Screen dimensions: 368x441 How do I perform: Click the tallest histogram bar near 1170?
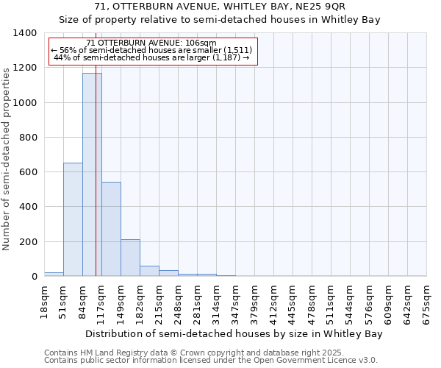(92, 174)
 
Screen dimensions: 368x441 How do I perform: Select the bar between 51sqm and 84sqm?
(73, 219)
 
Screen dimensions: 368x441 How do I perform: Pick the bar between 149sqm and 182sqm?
(130, 258)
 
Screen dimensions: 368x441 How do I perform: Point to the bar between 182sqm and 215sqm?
(149, 271)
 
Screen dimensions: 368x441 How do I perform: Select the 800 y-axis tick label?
(27, 138)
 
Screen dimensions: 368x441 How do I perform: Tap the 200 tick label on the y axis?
(27, 242)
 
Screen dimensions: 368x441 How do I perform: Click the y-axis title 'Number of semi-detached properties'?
(7, 158)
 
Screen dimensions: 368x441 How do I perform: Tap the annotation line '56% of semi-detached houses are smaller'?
(152, 50)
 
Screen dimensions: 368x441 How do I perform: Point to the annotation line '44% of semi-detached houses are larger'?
(152, 57)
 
